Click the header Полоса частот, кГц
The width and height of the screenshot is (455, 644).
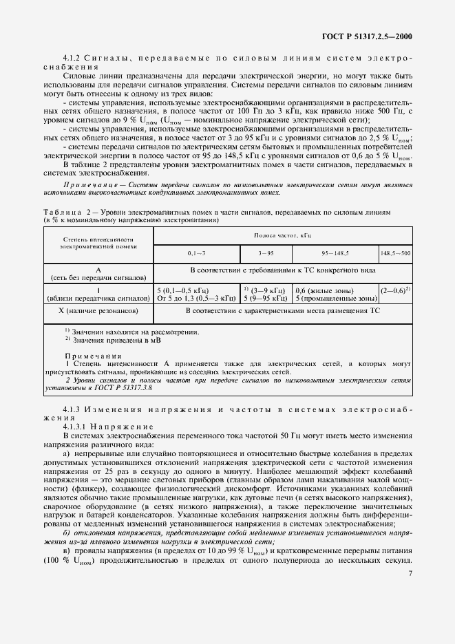pyautogui.click(x=282, y=235)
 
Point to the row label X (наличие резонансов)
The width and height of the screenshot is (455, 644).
pyautogui.click(x=97, y=310)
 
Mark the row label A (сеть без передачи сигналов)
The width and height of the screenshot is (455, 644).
pyautogui.click(x=97, y=273)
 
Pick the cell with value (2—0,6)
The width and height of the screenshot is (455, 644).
pyautogui.click(x=395, y=290)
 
